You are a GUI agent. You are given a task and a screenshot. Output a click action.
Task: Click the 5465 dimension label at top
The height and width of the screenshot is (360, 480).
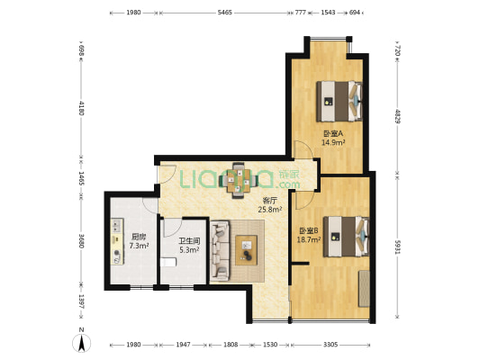coord(225,13)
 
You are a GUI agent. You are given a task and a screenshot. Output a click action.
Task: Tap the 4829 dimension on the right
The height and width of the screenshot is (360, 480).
coord(397,116)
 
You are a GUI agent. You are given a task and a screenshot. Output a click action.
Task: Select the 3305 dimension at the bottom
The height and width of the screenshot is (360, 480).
coord(331,345)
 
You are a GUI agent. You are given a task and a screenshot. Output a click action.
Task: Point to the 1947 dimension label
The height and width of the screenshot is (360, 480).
coord(183,345)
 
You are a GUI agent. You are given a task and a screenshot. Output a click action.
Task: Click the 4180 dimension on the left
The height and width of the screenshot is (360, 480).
coord(81,108)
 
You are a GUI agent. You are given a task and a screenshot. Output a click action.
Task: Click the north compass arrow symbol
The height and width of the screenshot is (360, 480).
coord(81,343)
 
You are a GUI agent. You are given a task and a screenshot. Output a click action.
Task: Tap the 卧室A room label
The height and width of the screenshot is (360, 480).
coord(333,134)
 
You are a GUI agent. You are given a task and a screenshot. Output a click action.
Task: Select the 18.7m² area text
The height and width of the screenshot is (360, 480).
coord(309,239)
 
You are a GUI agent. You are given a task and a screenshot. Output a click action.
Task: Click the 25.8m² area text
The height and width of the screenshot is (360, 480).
coord(269,210)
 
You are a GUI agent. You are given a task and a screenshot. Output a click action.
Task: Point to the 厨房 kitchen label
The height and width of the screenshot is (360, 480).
coord(139,237)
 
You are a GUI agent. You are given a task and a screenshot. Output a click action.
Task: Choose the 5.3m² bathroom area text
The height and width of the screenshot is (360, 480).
coord(189,250)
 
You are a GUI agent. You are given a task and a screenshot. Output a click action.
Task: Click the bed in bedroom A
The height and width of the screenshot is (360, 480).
coord(340,101)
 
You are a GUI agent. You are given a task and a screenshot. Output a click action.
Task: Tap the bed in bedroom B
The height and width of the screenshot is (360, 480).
coord(346,237)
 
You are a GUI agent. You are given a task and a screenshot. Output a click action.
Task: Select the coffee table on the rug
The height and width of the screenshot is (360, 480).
coord(246,250)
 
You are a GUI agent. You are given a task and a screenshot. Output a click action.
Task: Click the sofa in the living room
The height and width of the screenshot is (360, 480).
coord(220,251)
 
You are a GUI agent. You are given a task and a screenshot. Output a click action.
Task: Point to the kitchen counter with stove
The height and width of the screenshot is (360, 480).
coord(117,241)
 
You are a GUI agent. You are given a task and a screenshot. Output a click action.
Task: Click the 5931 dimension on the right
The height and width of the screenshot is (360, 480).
coord(397,247)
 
